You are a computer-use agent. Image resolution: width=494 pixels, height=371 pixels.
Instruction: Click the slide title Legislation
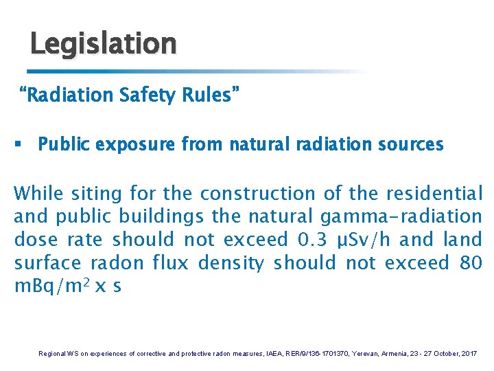click(103, 44)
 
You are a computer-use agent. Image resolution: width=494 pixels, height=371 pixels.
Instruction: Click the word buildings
click(162, 216)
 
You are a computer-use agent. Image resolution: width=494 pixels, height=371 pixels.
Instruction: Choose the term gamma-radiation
click(401, 216)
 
